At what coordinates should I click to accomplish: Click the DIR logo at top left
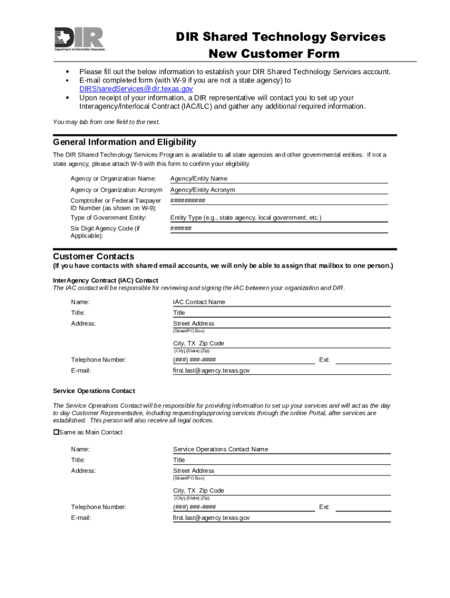pos(79,39)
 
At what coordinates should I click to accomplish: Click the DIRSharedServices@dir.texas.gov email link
pos(136,89)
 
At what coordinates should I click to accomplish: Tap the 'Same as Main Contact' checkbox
pos(57,432)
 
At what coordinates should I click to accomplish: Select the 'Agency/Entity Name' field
pos(278,179)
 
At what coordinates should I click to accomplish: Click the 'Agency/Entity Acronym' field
pos(278,190)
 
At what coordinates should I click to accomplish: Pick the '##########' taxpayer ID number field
pos(278,200)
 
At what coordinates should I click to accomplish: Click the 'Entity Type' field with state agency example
pos(278,218)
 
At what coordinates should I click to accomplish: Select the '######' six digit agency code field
pos(278,228)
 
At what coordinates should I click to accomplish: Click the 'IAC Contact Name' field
pos(281,302)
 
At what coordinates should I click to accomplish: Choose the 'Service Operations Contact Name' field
pos(281,449)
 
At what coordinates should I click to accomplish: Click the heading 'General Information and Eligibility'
pos(124,142)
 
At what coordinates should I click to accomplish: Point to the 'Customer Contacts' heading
pos(94,256)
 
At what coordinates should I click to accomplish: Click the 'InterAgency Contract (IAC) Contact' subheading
pos(105,280)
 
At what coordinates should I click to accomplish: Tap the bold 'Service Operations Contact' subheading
pos(94,391)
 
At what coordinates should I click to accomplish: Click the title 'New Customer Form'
pos(274,54)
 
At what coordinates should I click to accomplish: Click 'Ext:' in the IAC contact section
pos(324,360)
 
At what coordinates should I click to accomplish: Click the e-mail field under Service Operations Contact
pos(281,518)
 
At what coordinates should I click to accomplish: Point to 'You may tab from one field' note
pos(106,122)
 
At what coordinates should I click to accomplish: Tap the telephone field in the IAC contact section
pos(243,360)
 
